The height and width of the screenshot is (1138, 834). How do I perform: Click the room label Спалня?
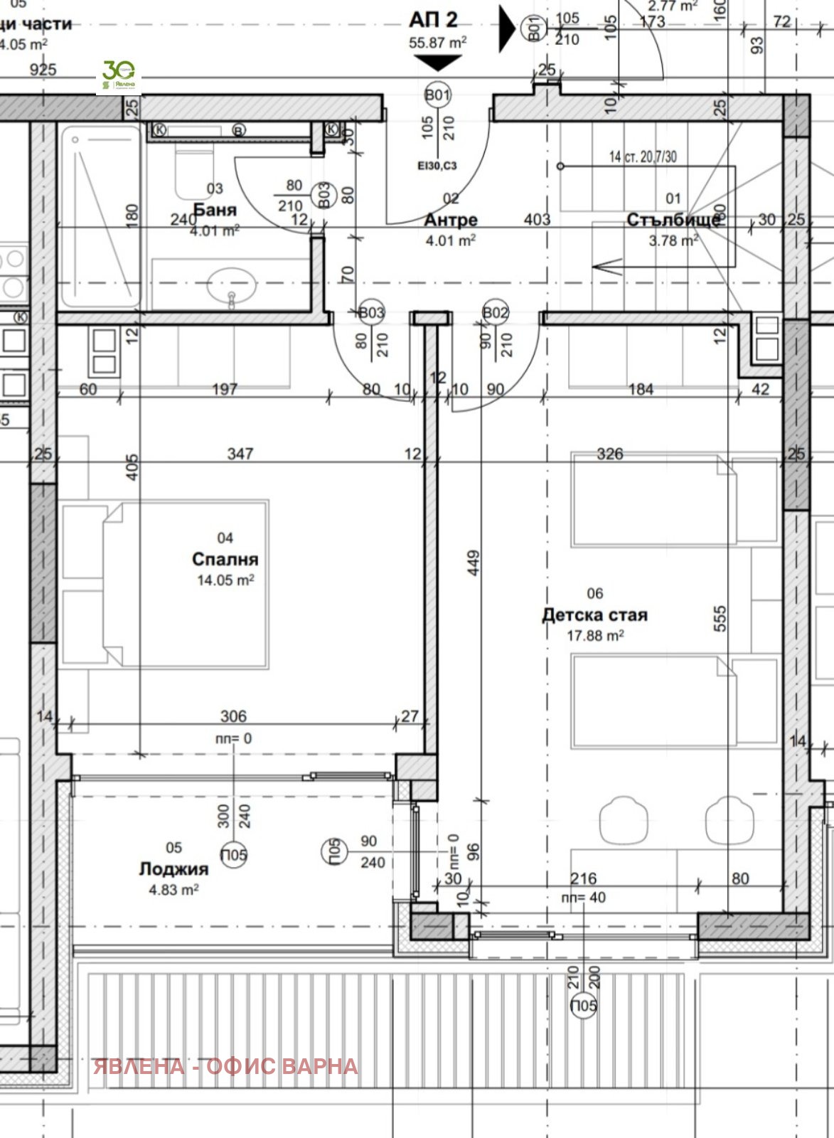[225, 560]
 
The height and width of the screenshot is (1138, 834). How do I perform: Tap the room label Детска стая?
[594, 615]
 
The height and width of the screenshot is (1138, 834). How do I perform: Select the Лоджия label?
[173, 869]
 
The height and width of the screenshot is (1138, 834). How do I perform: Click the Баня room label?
[215, 210]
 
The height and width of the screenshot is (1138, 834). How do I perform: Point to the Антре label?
[450, 220]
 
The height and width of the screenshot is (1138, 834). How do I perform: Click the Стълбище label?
[673, 220]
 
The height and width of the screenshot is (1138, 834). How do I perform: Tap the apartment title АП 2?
[433, 20]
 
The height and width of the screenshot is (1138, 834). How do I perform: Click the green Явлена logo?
[119, 76]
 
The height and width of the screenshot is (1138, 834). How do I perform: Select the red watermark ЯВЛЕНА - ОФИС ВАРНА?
[226, 1066]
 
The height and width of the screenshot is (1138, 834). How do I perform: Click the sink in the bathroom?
[231, 287]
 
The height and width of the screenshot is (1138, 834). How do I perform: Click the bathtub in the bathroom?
[100, 216]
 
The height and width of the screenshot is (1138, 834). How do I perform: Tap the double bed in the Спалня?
[165, 584]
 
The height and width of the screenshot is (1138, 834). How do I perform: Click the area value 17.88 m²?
[595, 635]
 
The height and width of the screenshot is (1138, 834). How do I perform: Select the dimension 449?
[474, 563]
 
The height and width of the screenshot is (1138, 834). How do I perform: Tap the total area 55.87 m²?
[437, 43]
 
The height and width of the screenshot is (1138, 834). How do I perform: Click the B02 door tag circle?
[495, 312]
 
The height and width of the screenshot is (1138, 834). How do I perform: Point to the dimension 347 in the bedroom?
[240, 453]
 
